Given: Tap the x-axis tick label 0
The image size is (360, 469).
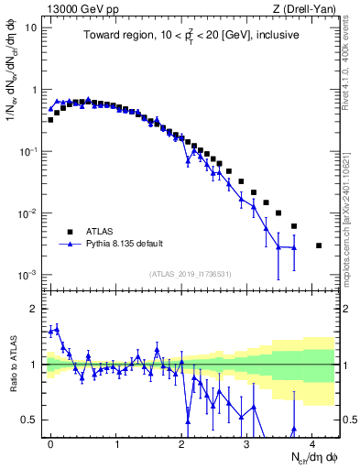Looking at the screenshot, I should (x=51, y=442).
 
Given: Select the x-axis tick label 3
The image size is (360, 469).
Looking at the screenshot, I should (x=246, y=442).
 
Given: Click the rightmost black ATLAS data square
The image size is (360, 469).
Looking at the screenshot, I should (x=318, y=245).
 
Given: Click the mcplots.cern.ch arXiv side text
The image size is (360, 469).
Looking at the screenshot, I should (x=349, y=202).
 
